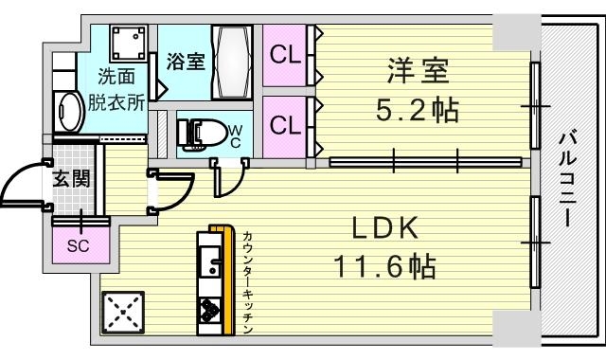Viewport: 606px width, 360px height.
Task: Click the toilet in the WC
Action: coord(202,135)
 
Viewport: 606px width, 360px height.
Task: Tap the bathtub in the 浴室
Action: coord(232,63)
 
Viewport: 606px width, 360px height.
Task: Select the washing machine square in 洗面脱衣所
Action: coord(129,44)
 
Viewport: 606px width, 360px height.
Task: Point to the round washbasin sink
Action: coord(69,113)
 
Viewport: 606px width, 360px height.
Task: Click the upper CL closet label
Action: coord(285,55)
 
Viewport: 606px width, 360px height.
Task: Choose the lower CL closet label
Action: coord(285,125)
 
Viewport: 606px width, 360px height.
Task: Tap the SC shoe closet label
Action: coord(78,246)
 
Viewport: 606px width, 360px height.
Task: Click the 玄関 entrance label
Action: coord(72,179)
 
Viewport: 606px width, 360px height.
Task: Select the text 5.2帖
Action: coord(418,110)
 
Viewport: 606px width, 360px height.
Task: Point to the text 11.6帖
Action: coord(384,266)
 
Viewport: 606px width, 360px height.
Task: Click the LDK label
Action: coord(385,228)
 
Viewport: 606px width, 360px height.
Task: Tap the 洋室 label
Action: coord(419,71)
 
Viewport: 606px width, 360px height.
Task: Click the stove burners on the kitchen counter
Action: coord(209,310)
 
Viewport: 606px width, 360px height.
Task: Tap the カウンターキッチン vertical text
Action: coord(248,282)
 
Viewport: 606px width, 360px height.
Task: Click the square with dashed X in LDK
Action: coord(123,313)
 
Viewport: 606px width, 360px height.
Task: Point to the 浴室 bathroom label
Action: coord(186,61)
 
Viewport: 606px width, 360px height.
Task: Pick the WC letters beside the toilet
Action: coord(235,136)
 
